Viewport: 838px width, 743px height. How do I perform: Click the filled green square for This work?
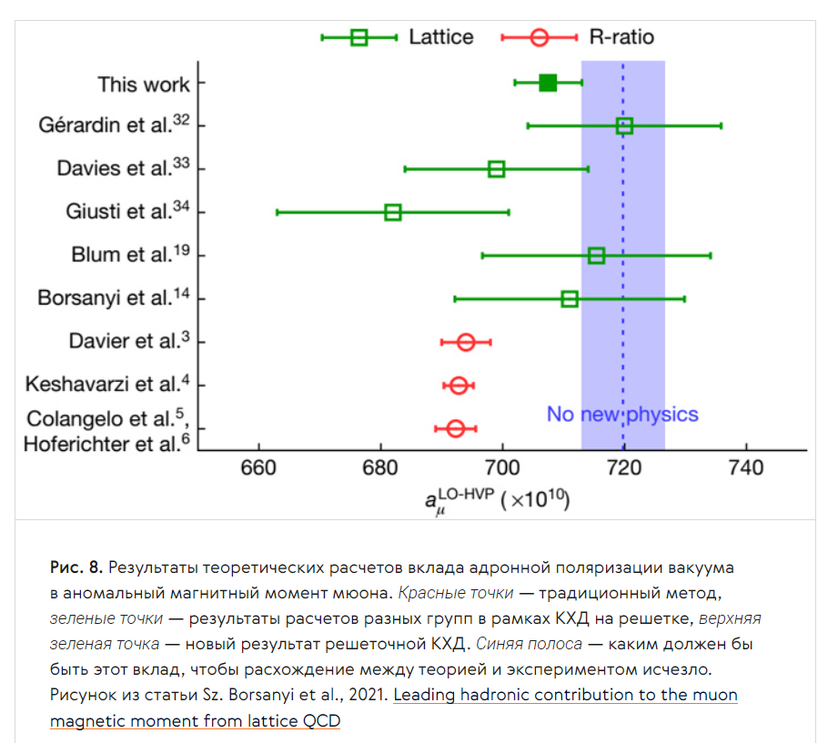tap(548, 83)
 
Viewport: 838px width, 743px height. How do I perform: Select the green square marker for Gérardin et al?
tap(624, 126)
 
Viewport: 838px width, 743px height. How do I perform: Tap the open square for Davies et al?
tap(496, 169)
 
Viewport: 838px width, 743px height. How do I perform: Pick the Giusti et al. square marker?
tap(393, 212)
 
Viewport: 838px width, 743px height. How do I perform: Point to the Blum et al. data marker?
tap(597, 256)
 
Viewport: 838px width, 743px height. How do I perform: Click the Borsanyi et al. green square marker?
tap(570, 298)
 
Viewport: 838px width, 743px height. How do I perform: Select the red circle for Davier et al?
tap(466, 342)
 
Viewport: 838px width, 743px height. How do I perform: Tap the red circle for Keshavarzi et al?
tap(459, 386)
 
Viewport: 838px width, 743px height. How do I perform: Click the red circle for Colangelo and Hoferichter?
tap(456, 428)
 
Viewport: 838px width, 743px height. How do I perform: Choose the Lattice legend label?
tap(440, 37)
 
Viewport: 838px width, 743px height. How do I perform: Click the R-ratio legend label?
tap(621, 37)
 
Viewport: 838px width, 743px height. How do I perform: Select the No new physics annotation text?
tap(622, 415)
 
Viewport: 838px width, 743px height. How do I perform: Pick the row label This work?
tap(144, 85)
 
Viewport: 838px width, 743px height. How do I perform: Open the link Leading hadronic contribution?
tap(565, 696)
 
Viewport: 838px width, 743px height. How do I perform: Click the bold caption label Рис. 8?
tap(76, 567)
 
